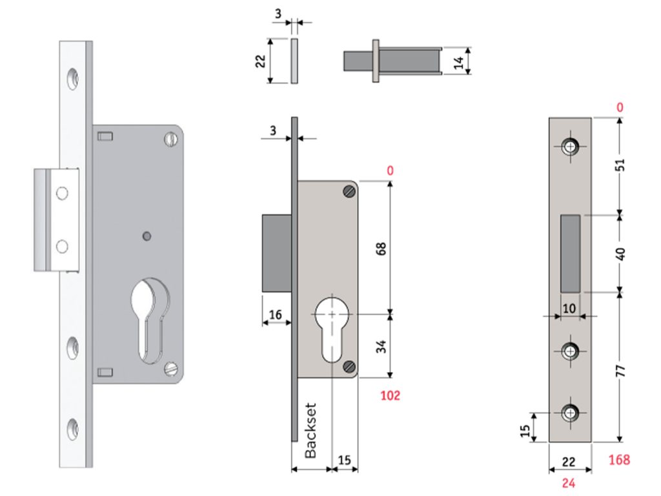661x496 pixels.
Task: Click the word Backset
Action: point(311,431)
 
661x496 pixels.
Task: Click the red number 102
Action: point(389,395)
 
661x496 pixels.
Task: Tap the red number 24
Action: point(568,482)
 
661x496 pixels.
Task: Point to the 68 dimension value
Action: point(381,249)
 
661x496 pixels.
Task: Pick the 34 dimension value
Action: point(381,346)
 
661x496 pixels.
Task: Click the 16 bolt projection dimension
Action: point(275,315)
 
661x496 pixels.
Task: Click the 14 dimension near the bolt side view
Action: point(459,61)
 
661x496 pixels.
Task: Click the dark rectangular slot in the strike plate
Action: point(570,253)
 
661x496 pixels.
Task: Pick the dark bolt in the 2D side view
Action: point(276,253)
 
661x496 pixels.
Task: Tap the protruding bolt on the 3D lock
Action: point(56,220)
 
